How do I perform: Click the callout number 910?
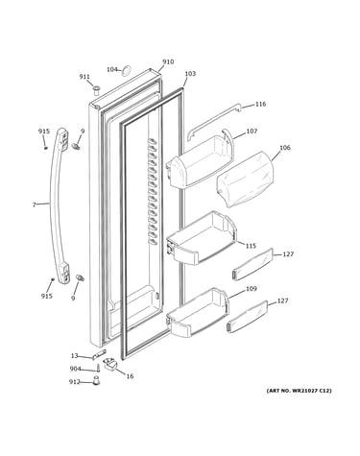coord(168,61)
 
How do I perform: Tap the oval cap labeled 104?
coord(127,70)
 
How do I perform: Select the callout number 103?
coord(190,74)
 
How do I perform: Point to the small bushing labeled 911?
coord(96,90)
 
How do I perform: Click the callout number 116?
coord(260,104)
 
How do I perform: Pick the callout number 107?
coord(252,131)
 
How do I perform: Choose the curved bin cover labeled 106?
coord(246,180)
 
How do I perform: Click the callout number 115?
coord(251,246)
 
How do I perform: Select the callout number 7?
coord(35,204)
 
